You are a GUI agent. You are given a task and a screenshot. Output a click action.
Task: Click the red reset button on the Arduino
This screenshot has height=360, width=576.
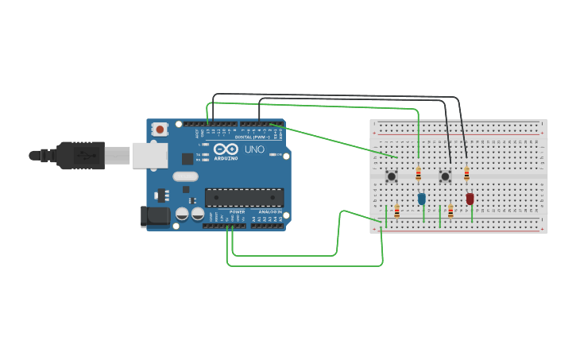pos(160,129)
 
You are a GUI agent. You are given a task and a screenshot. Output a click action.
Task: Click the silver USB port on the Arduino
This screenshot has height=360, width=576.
pos(149,156)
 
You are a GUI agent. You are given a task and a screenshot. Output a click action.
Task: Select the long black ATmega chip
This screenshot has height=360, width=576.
pos(244,197)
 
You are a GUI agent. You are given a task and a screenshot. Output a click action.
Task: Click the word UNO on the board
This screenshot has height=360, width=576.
pos(254,149)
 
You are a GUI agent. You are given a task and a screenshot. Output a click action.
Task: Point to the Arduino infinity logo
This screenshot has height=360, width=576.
pos(226,149)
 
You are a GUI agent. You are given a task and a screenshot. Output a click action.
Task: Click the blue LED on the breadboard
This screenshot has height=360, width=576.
pos(422,199)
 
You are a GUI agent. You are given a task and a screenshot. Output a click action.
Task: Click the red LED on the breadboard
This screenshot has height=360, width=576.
pos(470,199)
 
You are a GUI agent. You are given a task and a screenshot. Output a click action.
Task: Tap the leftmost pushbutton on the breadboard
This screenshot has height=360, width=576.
pos(392,176)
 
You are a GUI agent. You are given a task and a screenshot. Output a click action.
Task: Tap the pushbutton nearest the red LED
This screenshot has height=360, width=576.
pos(445,176)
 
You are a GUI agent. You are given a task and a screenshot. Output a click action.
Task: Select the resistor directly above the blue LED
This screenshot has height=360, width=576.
pos(419,174)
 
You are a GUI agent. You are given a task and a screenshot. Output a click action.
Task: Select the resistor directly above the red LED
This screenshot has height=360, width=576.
pos(466,174)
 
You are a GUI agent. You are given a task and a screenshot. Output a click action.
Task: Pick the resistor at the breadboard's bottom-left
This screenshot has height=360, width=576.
pos(396,211)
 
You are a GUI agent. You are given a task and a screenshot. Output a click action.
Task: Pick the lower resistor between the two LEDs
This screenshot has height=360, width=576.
pos(450,211)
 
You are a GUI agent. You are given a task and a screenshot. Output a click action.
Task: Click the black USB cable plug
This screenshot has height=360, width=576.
pos(79,156)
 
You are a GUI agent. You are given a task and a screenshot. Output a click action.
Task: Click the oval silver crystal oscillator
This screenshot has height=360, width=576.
pos(184,176)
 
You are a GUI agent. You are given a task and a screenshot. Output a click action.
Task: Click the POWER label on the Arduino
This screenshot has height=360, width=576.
pos(237,212)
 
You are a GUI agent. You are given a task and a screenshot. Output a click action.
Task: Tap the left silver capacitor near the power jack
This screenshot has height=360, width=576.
pos(182,214)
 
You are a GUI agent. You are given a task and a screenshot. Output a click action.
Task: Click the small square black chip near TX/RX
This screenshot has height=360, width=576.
pos(187,158)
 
